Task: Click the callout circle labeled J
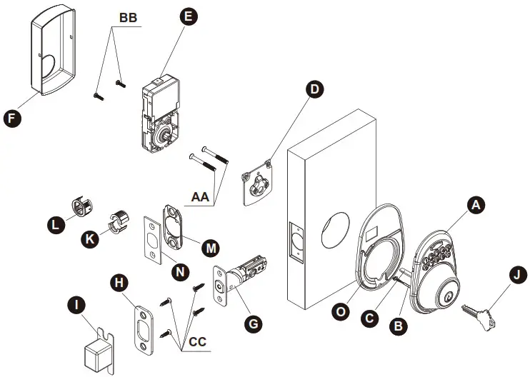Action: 516,275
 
